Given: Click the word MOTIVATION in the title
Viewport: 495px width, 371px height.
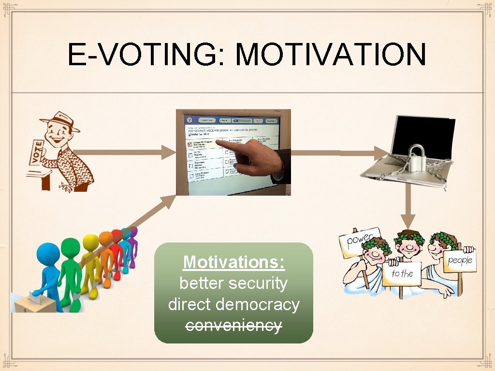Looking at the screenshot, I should [x=330, y=55].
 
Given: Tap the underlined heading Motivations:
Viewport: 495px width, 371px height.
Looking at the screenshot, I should [x=234, y=262].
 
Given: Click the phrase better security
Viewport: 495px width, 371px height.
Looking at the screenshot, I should [x=233, y=283].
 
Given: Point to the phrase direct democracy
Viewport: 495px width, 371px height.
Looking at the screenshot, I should [x=234, y=304].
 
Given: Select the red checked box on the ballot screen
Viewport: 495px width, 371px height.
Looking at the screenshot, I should [x=190, y=144].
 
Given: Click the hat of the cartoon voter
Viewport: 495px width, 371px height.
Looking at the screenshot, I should [x=60, y=121].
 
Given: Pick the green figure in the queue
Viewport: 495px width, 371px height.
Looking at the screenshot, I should [x=70, y=271].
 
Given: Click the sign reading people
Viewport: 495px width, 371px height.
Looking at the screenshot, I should [x=459, y=261].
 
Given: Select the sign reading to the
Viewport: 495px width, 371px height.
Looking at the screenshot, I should [x=402, y=273].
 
